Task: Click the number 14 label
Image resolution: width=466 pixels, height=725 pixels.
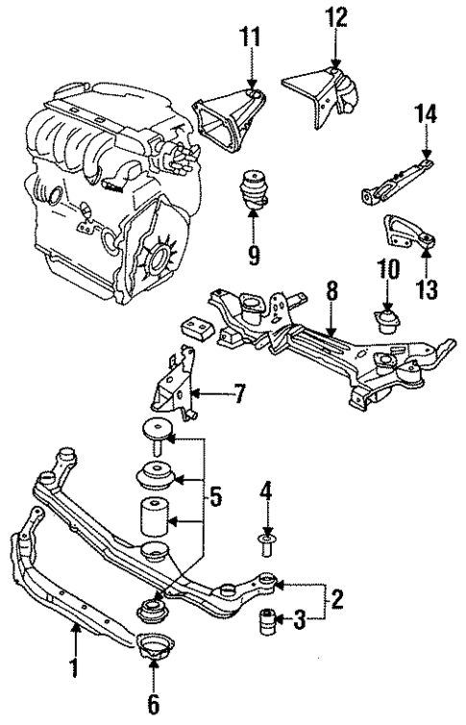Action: coord(426,117)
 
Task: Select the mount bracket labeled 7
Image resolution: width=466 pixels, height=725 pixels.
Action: coord(174,394)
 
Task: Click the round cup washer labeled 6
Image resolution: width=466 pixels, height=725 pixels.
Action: coord(151,648)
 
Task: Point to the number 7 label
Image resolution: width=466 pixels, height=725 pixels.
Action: coord(240,393)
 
